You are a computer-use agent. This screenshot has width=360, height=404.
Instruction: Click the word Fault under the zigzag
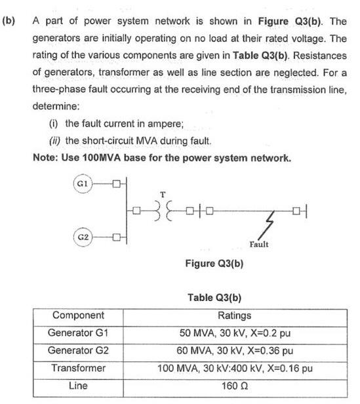click(259, 244)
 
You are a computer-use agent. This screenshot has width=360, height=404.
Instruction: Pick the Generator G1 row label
click(78, 333)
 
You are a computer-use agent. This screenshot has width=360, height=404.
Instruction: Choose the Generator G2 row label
click(78, 350)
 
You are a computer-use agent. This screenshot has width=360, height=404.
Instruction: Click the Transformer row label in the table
click(78, 368)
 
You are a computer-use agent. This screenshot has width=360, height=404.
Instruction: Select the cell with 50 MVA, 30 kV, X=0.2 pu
click(234, 333)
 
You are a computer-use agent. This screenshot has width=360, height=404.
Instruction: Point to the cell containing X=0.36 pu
click(234, 350)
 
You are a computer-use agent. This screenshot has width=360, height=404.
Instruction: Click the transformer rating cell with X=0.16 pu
click(234, 368)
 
